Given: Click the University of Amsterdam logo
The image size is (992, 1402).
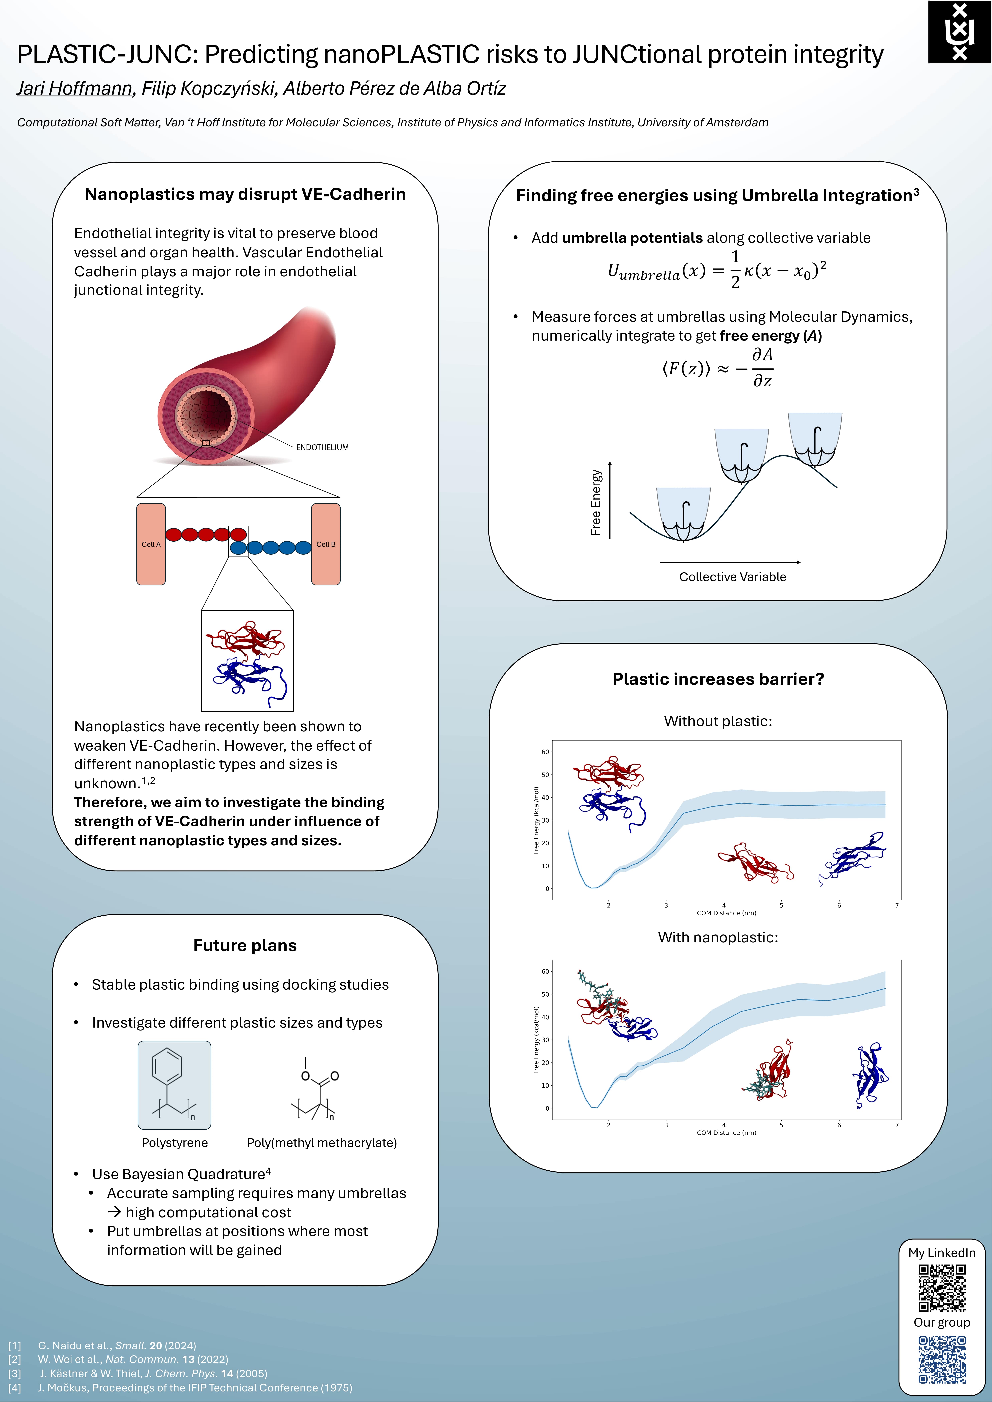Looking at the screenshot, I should pos(960,32).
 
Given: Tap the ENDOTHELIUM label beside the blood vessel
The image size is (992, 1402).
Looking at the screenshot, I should pos(322,448).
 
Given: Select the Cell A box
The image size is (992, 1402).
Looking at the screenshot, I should pos(151,544).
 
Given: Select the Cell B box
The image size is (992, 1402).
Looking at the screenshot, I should pos(326,544).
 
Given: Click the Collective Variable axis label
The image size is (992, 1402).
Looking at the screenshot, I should pos(732,577).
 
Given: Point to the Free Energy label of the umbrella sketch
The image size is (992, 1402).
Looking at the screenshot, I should pos(596,502).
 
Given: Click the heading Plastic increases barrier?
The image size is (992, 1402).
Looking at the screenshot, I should pos(718,679).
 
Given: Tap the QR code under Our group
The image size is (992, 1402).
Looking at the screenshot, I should pos(942,1359).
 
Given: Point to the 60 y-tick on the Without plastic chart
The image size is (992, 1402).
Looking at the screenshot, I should pos(545,752).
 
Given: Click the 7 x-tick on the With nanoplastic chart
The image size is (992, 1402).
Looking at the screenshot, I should pos(897,1125).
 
